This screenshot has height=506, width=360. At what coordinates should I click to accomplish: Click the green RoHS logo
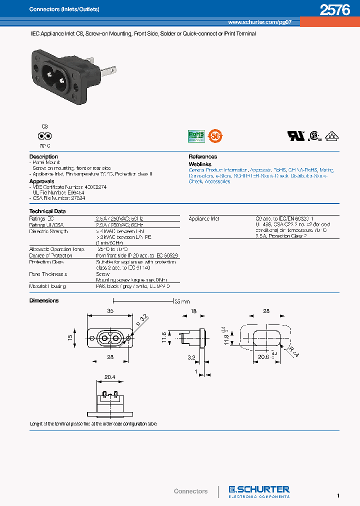pyautogui.click(x=195, y=136)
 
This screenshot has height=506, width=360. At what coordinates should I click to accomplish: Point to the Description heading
pyautogui.click(x=43, y=156)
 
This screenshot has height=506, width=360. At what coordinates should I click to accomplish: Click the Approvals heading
pyautogui.click(x=41, y=181)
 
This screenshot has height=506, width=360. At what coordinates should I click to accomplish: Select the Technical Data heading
pyautogui.click(x=47, y=211)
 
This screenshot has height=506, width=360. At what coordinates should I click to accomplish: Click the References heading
pyautogui.click(x=202, y=156)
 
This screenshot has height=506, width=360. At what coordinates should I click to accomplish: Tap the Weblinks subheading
pyautogui.click(x=200, y=164)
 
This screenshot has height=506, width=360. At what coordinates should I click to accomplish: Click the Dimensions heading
pyautogui.click(x=44, y=300)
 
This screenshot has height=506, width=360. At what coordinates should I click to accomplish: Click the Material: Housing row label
pyautogui.click(x=47, y=286)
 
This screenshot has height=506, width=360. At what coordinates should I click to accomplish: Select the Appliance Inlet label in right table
pyautogui.click(x=204, y=218)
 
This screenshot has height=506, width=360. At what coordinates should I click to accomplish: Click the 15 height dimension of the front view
pyautogui.click(x=70, y=337)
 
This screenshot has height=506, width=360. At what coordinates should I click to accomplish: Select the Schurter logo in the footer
pyautogui.click(x=259, y=490)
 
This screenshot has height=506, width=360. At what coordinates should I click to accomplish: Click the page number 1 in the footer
pyautogui.click(x=338, y=495)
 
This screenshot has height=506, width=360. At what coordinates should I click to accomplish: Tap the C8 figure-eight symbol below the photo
pyautogui.click(x=45, y=136)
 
